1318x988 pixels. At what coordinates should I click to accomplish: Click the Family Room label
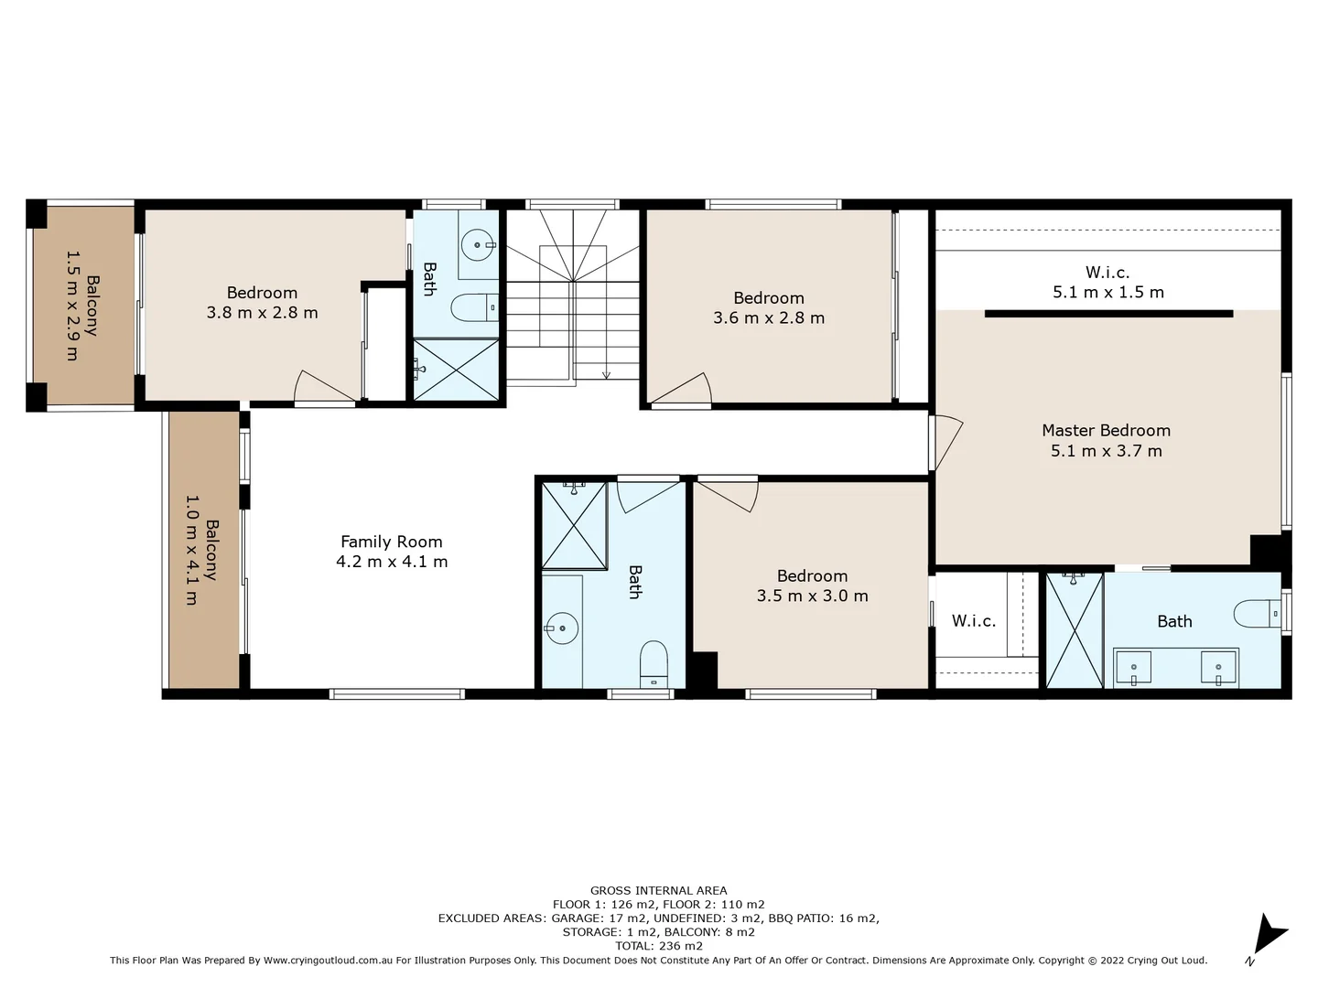[391, 542]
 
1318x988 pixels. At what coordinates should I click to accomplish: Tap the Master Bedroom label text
[1106, 430]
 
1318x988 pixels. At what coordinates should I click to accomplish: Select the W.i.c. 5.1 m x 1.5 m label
[1107, 282]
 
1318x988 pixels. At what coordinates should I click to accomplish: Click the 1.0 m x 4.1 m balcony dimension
[191, 550]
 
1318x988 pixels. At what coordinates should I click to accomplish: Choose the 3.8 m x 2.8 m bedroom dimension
[262, 313]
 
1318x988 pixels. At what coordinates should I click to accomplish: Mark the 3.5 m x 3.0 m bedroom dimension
[812, 596]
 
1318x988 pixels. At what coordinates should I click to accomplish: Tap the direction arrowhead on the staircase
[606, 374]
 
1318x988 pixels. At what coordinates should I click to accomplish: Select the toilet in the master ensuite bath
[1255, 613]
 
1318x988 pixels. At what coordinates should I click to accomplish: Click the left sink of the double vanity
[1133, 668]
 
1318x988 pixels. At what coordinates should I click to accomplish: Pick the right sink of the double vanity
[1218, 668]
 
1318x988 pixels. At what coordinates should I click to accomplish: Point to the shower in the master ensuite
[1074, 630]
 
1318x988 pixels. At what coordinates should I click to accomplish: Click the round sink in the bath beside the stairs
[477, 245]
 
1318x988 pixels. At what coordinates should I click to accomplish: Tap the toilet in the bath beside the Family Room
[654, 662]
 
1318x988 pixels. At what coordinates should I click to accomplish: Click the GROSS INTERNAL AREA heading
[658, 890]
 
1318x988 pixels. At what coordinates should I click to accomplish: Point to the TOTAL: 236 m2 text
[658, 946]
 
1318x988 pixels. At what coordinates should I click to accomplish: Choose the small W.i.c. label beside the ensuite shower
[973, 621]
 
